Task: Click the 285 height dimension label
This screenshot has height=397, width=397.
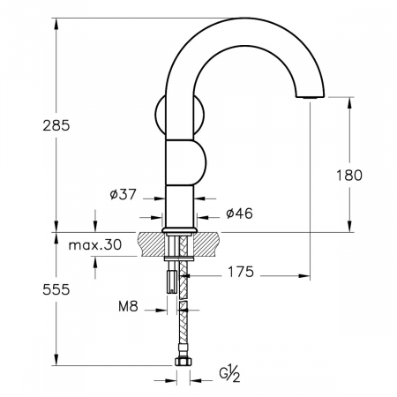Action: coord(56,125)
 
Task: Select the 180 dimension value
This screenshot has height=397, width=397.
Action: coord(349,176)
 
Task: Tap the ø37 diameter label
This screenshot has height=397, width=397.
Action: coord(124,194)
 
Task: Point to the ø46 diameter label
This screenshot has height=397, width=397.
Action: coord(239,213)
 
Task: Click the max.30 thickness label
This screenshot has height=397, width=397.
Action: coord(95,244)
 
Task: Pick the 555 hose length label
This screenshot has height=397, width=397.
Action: coord(56,289)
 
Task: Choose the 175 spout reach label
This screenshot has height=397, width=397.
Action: coord(241,272)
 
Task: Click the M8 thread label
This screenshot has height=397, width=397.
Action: coord(128,307)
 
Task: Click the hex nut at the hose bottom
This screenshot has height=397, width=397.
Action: coord(183,362)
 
